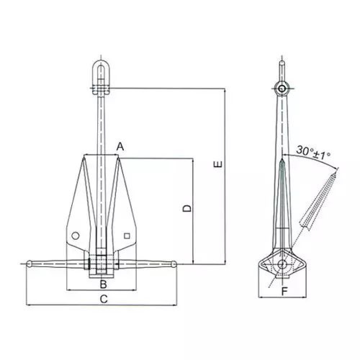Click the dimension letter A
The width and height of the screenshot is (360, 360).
pos(120,147)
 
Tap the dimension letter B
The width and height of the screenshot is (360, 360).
pos(103,284)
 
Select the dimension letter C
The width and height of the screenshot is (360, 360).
pos(104,299)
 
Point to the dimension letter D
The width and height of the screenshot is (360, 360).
pos(187,208)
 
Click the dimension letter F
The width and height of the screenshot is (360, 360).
pos(284,292)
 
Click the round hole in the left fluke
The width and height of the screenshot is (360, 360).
pos(75,236)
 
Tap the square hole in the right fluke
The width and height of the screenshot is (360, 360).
pos(127,236)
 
